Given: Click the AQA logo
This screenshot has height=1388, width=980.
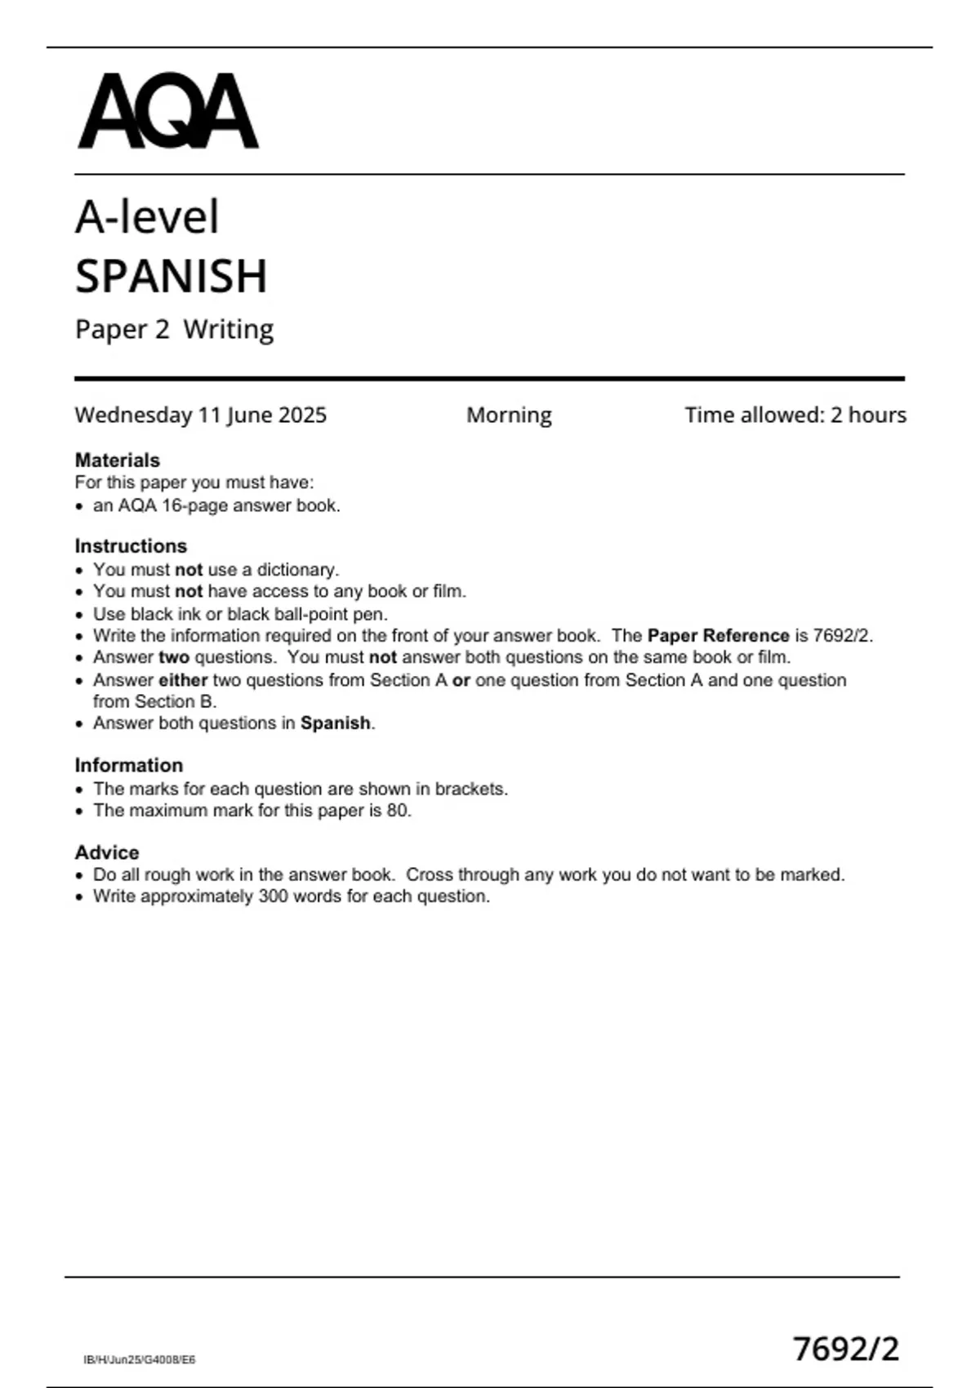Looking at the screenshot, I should (168, 111).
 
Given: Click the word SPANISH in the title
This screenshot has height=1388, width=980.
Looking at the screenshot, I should (171, 276).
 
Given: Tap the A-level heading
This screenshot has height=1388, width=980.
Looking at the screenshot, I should (147, 217).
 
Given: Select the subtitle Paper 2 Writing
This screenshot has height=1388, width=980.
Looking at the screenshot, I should (174, 329).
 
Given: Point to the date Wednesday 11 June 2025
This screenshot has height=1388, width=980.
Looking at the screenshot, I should (200, 415).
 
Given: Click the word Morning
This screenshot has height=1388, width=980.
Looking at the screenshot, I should (509, 415).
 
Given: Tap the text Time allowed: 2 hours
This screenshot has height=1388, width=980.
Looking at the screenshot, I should (795, 415).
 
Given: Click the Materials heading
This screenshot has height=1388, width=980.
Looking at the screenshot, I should (117, 460).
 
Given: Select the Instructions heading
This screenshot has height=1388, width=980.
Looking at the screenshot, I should (131, 545).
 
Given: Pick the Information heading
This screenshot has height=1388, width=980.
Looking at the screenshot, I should (129, 765).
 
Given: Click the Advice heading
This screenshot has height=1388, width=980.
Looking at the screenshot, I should (107, 852).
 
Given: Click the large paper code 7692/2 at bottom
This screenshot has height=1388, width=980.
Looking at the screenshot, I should (846, 1349).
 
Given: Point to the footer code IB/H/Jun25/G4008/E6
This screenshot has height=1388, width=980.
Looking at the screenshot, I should (140, 1360).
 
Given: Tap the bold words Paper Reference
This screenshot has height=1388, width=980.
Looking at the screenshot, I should (718, 635).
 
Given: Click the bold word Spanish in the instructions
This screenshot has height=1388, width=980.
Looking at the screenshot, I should (335, 723).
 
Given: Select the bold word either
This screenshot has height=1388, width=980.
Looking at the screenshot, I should (183, 680).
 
